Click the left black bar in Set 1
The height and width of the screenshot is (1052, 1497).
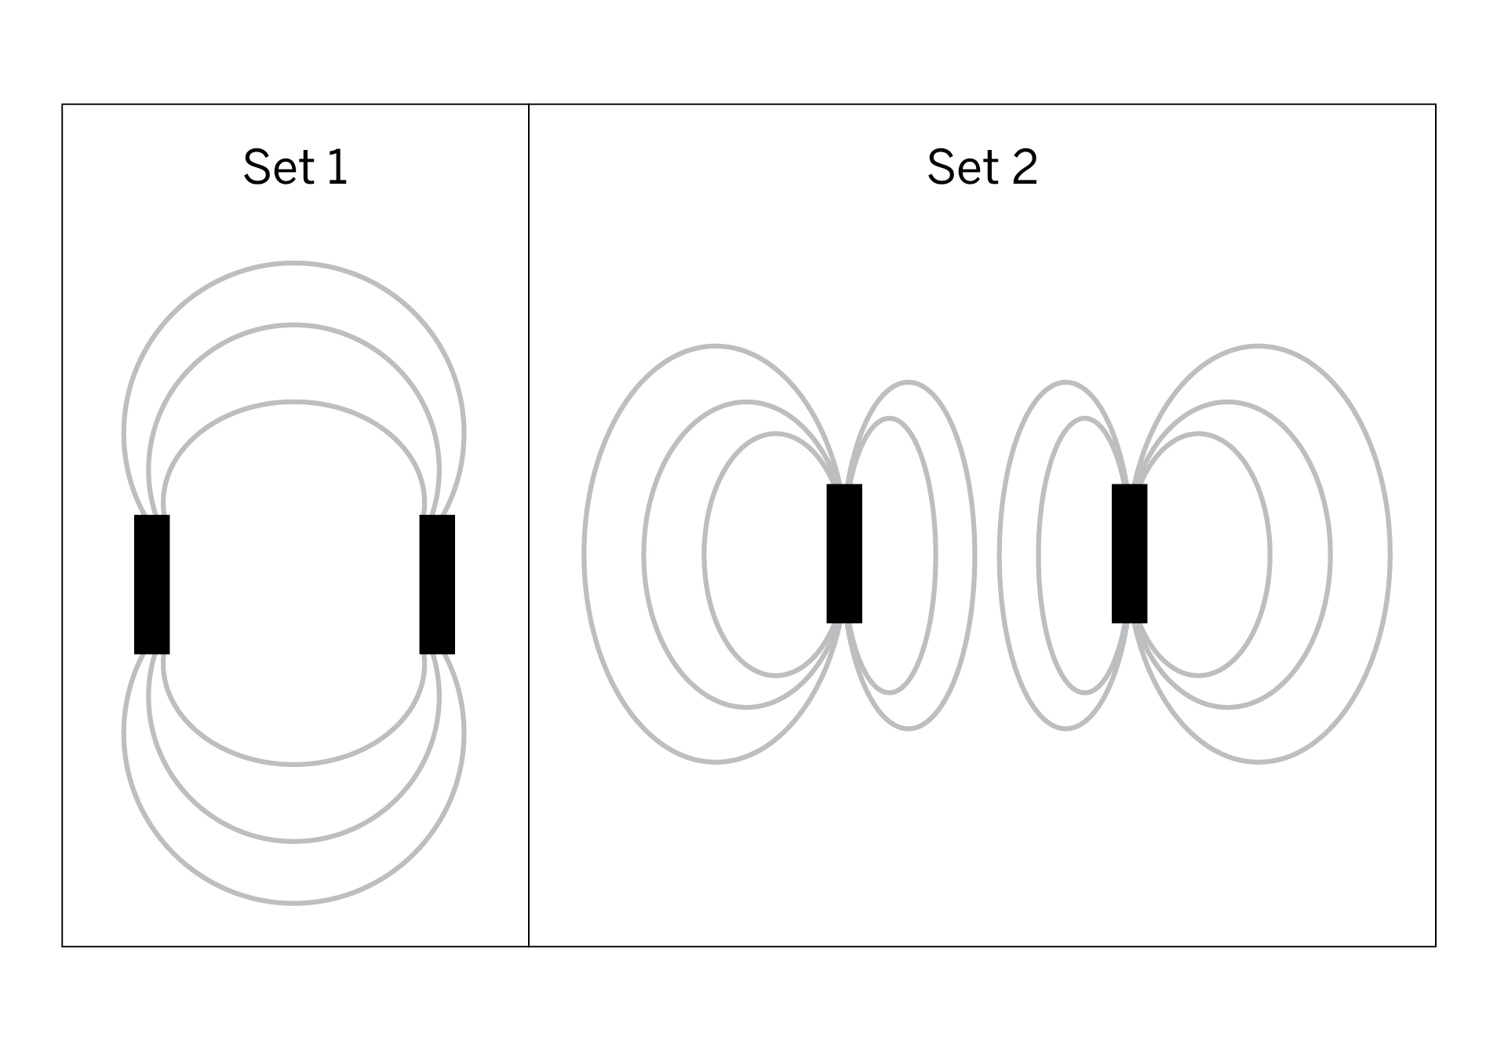[x=151, y=584]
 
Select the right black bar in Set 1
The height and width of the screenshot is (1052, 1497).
[x=437, y=584]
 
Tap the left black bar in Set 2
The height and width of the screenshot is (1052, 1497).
[x=844, y=553]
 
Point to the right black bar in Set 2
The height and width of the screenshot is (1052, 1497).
[x=1129, y=553]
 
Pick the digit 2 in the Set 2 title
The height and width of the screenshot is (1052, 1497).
[x=1024, y=166]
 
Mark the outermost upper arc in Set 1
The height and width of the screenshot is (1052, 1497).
[x=293, y=263]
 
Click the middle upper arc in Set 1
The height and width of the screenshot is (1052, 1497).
[x=293, y=325]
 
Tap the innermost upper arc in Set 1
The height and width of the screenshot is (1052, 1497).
[x=293, y=402]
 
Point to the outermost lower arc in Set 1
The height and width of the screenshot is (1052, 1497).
[x=293, y=903]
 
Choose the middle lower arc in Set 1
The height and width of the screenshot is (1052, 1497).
[x=293, y=841]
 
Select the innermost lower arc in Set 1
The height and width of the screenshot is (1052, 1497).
[x=293, y=763]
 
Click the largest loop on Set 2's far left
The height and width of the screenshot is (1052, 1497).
[x=585, y=554]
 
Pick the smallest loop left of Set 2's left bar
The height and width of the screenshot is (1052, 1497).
[x=705, y=554]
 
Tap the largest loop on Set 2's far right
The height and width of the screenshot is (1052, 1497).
[x=1390, y=554]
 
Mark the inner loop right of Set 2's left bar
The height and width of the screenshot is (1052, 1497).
[x=935, y=554]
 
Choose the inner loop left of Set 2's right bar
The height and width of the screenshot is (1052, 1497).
[x=1039, y=554]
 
